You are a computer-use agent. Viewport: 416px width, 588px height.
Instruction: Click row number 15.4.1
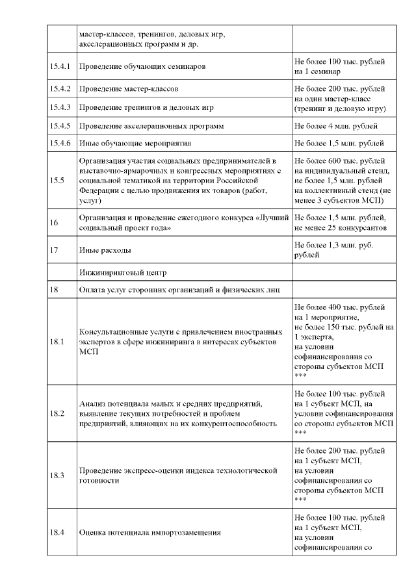[60, 66]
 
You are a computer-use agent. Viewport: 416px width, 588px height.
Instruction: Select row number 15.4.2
[60, 88]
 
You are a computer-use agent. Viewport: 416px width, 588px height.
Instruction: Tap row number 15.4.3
[60, 107]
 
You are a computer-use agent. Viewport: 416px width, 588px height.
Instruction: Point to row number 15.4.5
[60, 125]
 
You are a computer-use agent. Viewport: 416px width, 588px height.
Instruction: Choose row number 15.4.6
[60, 143]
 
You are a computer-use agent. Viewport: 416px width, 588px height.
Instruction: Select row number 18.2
[57, 413]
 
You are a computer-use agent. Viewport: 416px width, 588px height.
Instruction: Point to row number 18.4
[57, 533]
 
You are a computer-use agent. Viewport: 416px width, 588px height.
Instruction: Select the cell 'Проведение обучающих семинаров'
[142, 66]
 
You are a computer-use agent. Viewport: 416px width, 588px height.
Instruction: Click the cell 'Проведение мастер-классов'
[129, 88]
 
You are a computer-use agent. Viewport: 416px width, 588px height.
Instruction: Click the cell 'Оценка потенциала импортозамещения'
[149, 533]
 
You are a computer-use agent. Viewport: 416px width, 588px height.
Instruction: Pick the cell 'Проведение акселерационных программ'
[153, 125]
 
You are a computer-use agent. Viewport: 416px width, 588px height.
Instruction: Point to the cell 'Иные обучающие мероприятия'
[136, 143]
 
